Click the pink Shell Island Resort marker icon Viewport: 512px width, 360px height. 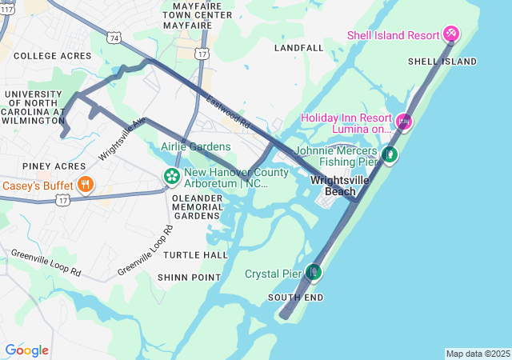[x=451, y=34]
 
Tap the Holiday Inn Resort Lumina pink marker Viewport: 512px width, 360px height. [x=404, y=122]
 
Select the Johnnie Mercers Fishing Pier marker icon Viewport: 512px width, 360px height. [x=390, y=154]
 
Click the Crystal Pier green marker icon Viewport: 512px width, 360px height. [x=313, y=274]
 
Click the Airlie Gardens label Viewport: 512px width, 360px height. [x=195, y=146]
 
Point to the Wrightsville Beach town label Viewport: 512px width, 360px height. [x=340, y=186]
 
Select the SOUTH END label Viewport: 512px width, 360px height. [x=296, y=298]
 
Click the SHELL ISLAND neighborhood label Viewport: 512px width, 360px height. [x=442, y=62]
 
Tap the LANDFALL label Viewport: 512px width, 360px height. [x=298, y=48]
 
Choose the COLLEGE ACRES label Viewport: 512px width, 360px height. [x=53, y=56]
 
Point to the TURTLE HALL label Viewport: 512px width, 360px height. [x=195, y=254]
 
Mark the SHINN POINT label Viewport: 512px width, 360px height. [x=189, y=277]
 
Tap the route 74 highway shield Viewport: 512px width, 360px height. [x=115, y=38]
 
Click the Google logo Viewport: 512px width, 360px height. [x=26, y=350]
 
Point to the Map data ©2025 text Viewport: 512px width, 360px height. [x=478, y=354]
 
